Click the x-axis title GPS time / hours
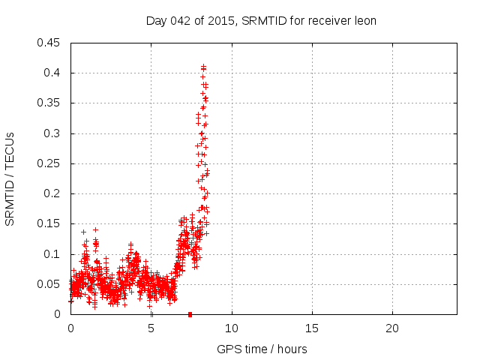point(262,349)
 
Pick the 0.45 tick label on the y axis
point(49,43)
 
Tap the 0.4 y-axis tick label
point(52,73)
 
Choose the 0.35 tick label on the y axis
point(49,103)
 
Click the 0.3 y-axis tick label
point(52,133)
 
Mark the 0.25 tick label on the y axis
point(49,163)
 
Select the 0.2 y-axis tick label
point(52,193)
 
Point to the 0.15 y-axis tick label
point(49,224)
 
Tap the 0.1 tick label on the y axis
point(52,254)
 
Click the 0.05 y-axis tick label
point(49,284)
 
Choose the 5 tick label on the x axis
point(151,328)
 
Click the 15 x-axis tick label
point(311,328)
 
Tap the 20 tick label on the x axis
point(391,328)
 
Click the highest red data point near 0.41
point(203,67)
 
